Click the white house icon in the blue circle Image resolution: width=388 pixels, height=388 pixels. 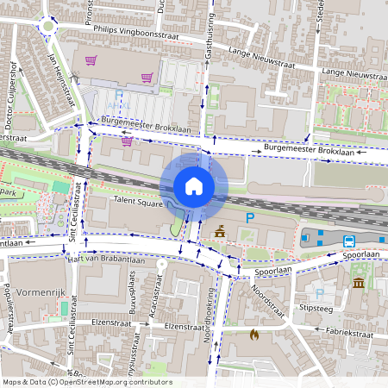[x=194, y=186]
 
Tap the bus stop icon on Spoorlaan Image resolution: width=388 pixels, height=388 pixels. [x=349, y=242]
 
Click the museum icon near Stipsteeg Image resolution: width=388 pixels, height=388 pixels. [x=358, y=283]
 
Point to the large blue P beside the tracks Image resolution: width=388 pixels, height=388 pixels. [x=250, y=219]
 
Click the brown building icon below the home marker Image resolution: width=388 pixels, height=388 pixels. [x=220, y=231]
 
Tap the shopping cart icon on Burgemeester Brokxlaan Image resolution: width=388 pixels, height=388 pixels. [x=128, y=141]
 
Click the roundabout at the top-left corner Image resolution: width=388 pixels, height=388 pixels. [x=46, y=26]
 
